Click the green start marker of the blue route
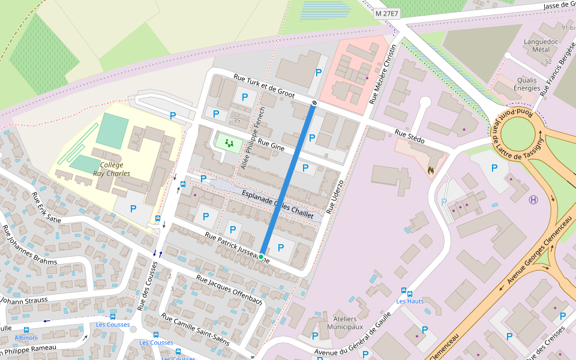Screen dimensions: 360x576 pyautogui.click(x=261, y=256)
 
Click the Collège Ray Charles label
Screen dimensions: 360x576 pyautogui.click(x=112, y=169)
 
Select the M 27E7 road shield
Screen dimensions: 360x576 pyautogui.click(x=387, y=13)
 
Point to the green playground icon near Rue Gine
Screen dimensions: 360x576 pyautogui.click(x=229, y=143)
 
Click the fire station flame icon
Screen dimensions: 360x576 pyautogui.click(x=430, y=170)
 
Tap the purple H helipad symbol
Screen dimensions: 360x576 pyautogui.click(x=533, y=199)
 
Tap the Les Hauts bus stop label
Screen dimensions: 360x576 pyautogui.click(x=410, y=301)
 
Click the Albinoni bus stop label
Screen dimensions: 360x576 pyautogui.click(x=26, y=338)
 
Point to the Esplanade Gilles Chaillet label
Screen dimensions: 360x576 pyautogui.click(x=277, y=203)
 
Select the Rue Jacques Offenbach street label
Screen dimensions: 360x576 pyautogui.click(x=229, y=290)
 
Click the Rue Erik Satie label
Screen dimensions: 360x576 pyautogui.click(x=46, y=208)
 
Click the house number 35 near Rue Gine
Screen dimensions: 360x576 pyautogui.click(x=236, y=121)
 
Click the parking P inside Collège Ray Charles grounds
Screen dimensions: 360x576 pyautogui.click(x=133, y=208)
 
